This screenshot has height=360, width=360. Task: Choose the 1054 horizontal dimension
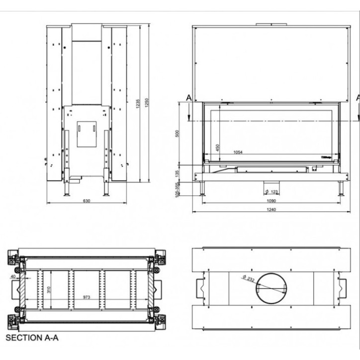(238, 153)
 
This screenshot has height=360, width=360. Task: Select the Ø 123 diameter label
(271, 191)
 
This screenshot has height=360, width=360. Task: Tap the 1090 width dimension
(271, 200)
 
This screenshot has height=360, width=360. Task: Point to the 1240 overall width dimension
(271, 209)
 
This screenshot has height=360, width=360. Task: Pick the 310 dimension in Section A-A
(48, 289)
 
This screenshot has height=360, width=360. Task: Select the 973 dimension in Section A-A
(87, 297)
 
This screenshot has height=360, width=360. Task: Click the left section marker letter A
(188, 98)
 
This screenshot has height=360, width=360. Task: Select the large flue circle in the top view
(271, 288)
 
